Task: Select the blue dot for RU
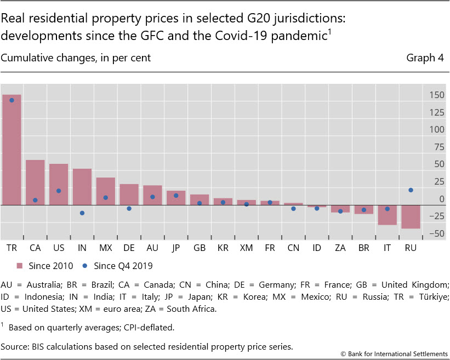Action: pos(411,190)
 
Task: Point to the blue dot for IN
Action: pos(82,213)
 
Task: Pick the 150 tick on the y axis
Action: pos(436,95)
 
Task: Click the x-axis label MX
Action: pos(105,248)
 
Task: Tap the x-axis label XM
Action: pos(246,248)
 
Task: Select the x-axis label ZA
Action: pos(340,248)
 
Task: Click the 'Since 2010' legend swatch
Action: pos(20,266)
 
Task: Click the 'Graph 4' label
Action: pos(425,58)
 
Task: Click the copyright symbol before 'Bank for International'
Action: pos(343,353)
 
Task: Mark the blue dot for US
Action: pos(59,191)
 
